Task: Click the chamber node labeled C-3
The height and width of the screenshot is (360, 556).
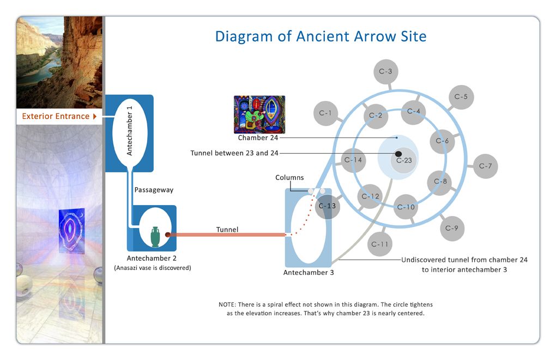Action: pos(386,71)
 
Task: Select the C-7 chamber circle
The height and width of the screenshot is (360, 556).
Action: pos(485,166)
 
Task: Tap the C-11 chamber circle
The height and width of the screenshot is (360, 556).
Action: pos(380,244)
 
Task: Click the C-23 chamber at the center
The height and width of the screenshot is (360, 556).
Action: pos(404,161)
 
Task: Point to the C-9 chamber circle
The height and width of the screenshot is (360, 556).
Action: pos(452,228)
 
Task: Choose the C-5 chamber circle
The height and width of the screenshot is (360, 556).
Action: pos(461,97)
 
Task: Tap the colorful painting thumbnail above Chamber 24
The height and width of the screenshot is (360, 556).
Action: pos(259,115)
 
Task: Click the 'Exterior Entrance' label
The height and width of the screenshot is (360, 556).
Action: pos(56,116)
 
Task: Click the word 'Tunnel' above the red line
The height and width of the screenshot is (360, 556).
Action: pos(227,230)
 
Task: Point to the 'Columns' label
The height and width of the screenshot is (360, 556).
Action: pos(289,178)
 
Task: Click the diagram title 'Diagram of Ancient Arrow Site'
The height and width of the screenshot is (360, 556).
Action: pos(321,37)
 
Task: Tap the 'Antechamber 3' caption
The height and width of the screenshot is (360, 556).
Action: pos(309,273)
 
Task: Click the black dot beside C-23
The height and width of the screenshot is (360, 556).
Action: pos(398,154)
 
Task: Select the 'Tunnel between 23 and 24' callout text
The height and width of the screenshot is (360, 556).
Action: pos(234,153)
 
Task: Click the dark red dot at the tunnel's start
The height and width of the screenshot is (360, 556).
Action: pos(168,235)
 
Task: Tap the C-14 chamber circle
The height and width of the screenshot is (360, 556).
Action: pos(353,160)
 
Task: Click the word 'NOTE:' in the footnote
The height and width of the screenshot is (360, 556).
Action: pos(228,304)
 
